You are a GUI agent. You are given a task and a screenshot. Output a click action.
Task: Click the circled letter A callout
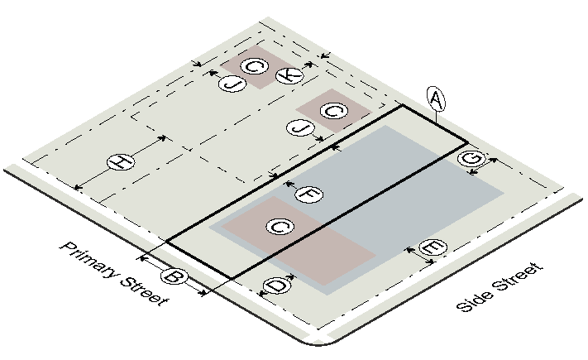[x=436, y=99]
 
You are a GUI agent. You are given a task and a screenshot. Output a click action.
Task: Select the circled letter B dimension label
[x=174, y=277]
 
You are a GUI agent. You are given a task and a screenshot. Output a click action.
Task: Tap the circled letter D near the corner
[x=277, y=286]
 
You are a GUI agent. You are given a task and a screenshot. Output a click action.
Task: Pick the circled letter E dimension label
[x=433, y=247]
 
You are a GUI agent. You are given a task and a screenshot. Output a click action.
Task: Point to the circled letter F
[x=308, y=194]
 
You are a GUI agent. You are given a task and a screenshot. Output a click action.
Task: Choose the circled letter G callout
[x=471, y=158]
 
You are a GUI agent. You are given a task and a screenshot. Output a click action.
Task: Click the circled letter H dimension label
[x=121, y=162]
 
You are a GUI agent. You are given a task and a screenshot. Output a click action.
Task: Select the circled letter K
[x=289, y=75]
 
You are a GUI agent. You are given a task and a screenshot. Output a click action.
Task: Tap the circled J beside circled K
[x=232, y=84]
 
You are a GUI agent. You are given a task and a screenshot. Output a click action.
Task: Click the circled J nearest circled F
[x=300, y=128]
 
